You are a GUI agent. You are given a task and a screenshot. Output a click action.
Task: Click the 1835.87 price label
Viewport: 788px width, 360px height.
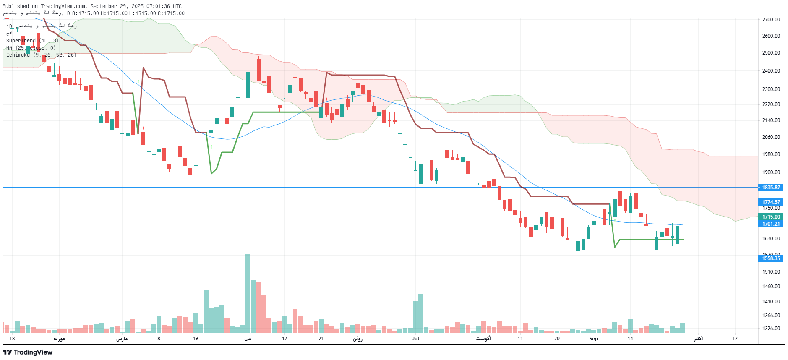click(771, 188)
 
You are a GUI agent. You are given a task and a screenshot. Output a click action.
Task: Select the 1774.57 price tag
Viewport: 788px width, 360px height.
click(771, 202)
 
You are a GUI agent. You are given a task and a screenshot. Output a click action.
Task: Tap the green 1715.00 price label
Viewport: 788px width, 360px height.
click(771, 217)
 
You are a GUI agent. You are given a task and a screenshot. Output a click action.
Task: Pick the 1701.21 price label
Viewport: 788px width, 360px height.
click(771, 224)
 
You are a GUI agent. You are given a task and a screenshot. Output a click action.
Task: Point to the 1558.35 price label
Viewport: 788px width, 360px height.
click(771, 258)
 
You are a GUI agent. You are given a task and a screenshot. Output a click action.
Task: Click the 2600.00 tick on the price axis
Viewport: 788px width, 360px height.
click(771, 36)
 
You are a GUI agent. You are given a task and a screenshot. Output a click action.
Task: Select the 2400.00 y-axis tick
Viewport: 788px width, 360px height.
click(771, 71)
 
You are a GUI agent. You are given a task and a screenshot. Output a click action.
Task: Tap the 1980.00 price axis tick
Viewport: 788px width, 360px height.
click(771, 154)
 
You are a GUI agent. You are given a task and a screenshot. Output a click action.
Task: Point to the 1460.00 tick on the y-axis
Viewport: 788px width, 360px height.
click(771, 287)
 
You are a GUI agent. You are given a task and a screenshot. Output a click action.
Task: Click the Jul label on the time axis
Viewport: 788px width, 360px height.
click(415, 339)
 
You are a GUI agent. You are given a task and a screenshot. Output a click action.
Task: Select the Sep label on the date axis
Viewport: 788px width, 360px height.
click(593, 339)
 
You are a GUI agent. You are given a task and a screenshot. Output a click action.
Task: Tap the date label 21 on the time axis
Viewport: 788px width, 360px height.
click(321, 339)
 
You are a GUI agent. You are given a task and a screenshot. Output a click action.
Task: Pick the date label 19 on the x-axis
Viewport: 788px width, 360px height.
click(196, 339)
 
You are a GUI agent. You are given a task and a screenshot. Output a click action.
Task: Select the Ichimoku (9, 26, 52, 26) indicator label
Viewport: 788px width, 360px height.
click(41, 55)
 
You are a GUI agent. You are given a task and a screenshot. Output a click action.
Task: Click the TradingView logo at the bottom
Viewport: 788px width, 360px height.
click(28, 352)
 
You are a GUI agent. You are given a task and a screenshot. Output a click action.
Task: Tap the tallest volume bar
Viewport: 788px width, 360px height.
click(248, 294)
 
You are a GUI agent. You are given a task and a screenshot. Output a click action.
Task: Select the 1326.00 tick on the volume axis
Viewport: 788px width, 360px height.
click(771, 329)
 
